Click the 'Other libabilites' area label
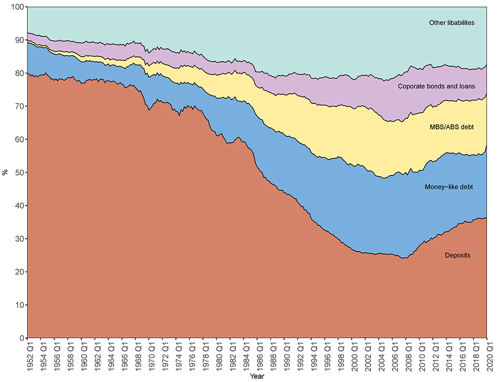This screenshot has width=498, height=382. point(452,23)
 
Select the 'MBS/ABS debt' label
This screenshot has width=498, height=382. point(452,127)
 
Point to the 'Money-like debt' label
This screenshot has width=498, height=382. point(449,187)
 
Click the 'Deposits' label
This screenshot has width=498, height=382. point(458,256)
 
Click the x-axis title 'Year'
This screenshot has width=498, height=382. point(257,376)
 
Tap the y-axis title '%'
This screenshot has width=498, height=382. point(5,173)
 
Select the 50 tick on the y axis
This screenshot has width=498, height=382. point(19,173)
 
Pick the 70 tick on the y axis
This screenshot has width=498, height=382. point(19,106)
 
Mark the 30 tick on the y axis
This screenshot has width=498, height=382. point(19,239)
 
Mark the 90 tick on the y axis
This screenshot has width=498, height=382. point(19,40)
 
